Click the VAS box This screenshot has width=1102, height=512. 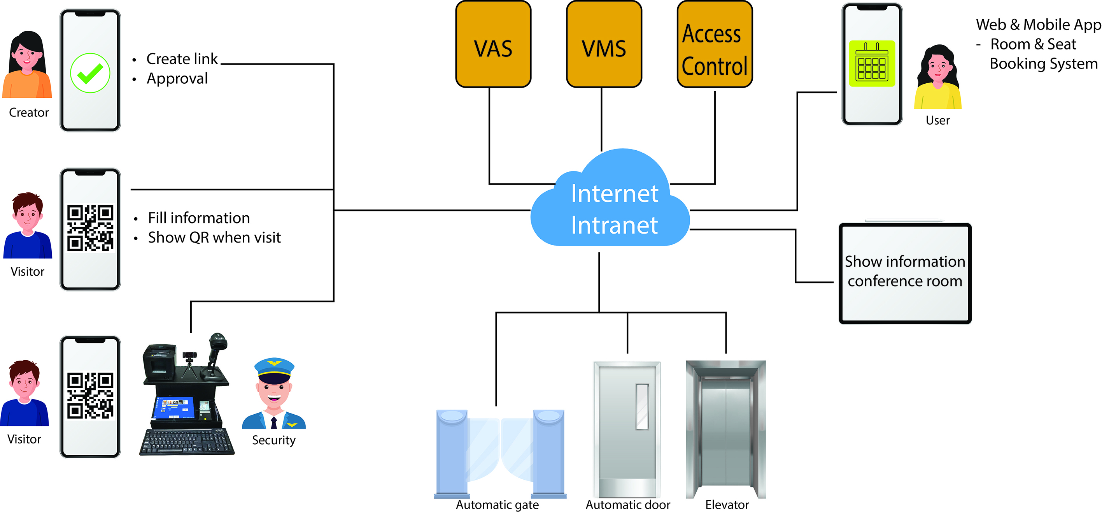click(493, 44)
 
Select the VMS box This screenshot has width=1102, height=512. click(604, 44)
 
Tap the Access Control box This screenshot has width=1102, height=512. click(715, 44)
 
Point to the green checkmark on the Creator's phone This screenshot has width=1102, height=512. click(90, 73)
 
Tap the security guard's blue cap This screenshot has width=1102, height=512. click(274, 368)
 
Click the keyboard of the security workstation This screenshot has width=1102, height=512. click(187, 442)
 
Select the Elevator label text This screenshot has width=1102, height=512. click(727, 505)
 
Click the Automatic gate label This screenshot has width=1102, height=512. click(497, 505)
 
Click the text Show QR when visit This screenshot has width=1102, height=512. click(214, 238)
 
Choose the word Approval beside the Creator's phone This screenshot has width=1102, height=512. click(177, 79)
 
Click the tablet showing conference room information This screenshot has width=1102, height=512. click(905, 273)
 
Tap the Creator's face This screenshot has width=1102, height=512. click(26, 57)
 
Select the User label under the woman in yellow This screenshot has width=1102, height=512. click(937, 120)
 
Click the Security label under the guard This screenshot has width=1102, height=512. click(274, 440)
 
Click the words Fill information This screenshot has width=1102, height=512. click(199, 218)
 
